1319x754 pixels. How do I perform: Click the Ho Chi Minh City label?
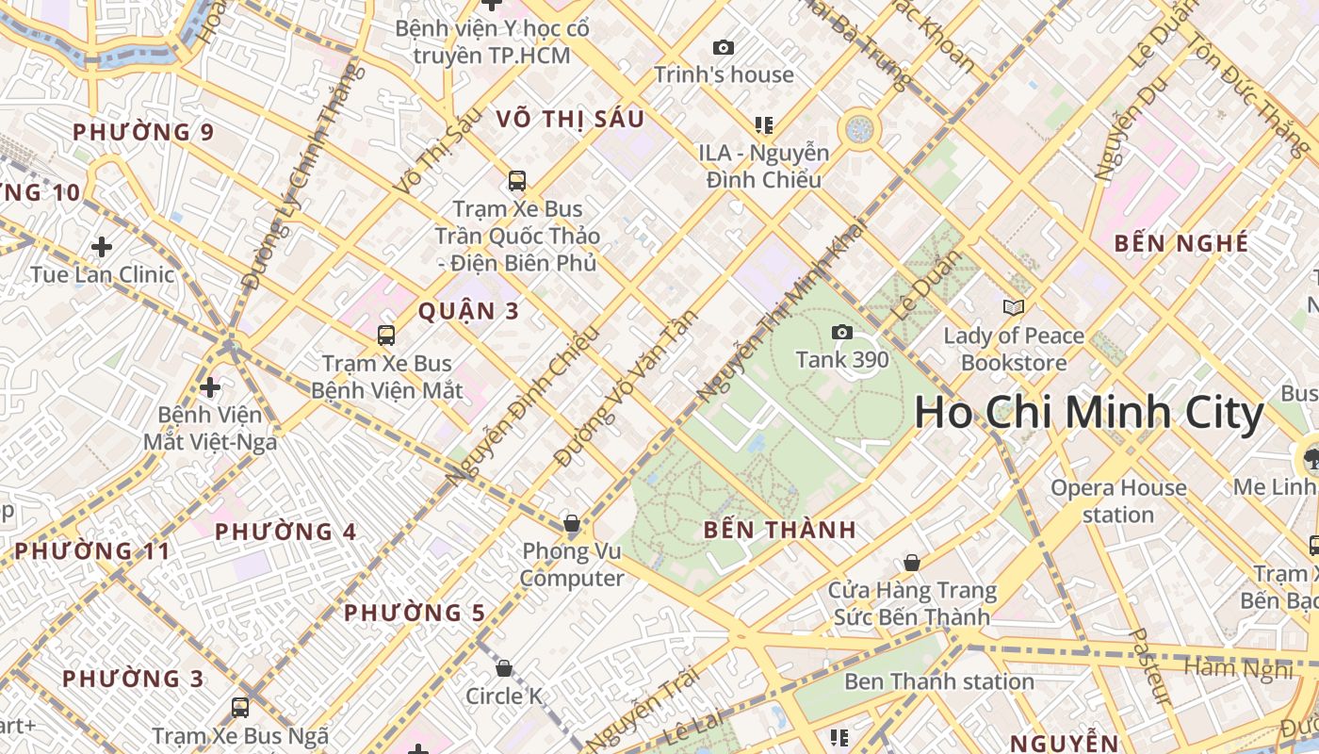1088,414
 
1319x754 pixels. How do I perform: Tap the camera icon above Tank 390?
842,332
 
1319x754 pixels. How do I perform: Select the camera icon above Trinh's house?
723,47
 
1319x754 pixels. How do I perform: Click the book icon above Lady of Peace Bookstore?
1013,307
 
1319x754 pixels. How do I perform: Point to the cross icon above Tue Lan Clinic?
102,247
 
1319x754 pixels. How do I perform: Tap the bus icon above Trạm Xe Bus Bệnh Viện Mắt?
385,335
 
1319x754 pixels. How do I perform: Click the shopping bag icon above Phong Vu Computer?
571,523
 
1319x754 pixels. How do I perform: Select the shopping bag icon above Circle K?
504,668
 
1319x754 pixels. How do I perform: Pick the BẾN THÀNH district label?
780,530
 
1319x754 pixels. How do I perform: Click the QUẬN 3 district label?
468,311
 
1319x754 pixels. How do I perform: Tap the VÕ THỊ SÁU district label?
570,119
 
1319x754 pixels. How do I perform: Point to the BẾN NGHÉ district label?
1181,243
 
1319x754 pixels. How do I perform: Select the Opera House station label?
1118,500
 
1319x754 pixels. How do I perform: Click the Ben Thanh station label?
938,681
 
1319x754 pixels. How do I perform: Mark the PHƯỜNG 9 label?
143,132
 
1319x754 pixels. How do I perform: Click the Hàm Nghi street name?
1238,669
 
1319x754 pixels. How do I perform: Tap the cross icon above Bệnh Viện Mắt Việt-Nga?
210,387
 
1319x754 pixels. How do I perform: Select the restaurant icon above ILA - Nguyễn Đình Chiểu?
763,124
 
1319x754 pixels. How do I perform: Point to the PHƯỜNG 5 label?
415,613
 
